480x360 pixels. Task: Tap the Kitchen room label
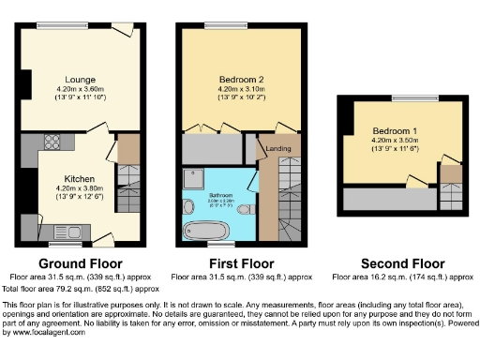coord(79,178)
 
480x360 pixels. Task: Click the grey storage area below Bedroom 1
coord(384,199)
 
